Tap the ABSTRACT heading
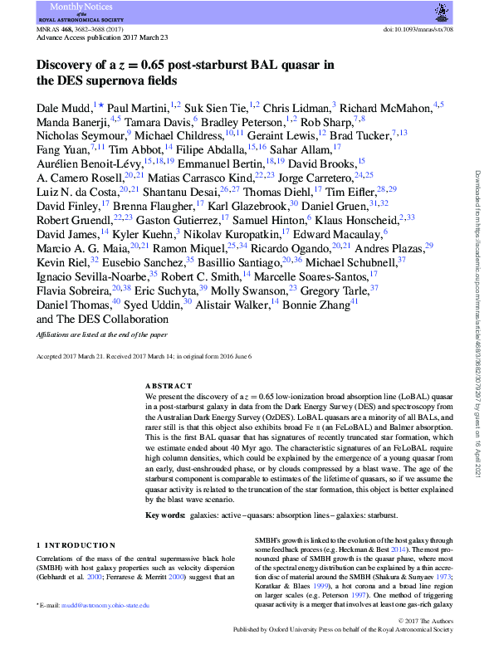click(x=169, y=387)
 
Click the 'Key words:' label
click(x=164, y=515)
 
